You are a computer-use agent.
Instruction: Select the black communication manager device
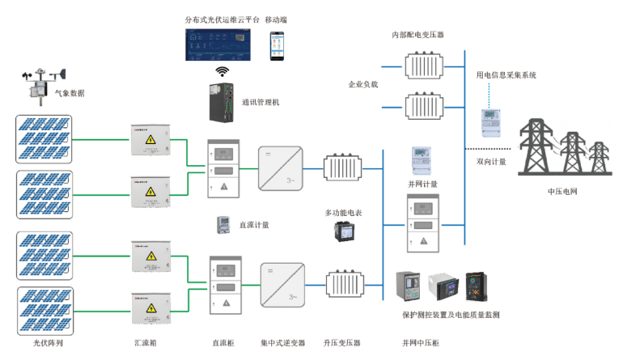221,102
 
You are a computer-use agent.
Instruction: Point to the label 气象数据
70,93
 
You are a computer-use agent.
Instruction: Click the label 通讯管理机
261,103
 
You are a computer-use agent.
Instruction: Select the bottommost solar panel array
45,309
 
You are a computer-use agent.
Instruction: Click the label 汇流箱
145,343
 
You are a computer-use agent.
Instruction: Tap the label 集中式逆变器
283,343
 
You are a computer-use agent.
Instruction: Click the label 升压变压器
342,343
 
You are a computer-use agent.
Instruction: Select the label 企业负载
363,83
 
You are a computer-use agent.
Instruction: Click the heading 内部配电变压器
417,35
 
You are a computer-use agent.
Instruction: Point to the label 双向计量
491,162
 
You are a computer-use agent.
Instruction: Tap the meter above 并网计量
422,161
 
